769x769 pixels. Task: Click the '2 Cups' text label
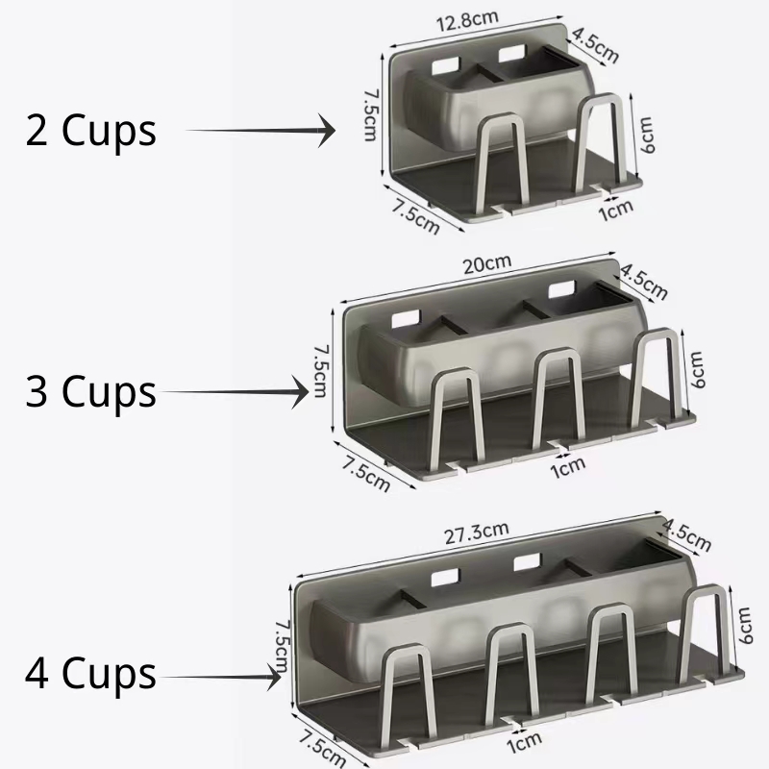(x=91, y=131)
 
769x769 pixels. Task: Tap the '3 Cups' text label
(x=91, y=392)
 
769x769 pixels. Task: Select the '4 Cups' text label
(x=91, y=673)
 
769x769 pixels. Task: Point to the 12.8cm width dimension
(x=478, y=21)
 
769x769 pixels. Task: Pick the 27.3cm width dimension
(x=476, y=532)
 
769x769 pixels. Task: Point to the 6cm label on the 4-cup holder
(x=744, y=625)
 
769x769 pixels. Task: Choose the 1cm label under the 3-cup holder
(x=567, y=466)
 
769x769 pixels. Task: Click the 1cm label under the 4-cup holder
(x=524, y=742)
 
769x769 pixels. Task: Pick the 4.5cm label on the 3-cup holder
(x=643, y=280)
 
